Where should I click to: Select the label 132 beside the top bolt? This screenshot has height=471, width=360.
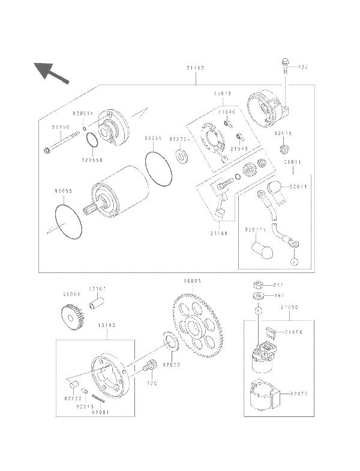[304, 67]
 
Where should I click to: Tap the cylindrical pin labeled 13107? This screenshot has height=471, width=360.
[94, 304]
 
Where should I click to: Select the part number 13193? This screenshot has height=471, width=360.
[107, 325]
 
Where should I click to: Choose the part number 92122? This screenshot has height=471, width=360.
[73, 397]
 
